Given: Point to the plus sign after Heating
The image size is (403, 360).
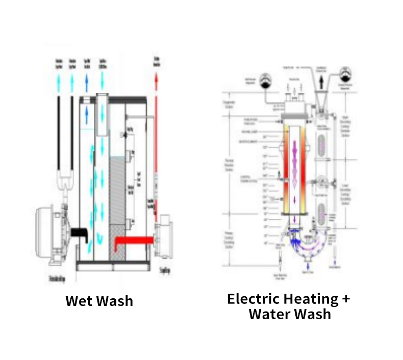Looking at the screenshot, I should tap(345, 299).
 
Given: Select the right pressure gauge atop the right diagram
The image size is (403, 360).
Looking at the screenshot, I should tap(346, 73).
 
